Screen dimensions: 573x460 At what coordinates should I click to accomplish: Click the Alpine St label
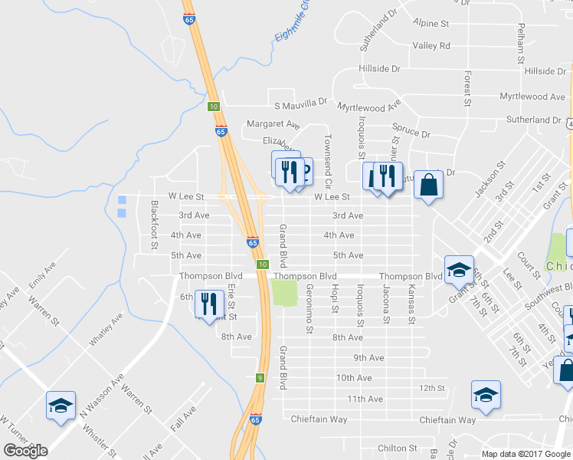point(430,24)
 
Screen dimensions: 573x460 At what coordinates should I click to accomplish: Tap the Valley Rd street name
point(431,46)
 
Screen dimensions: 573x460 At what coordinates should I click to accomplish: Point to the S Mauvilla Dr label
point(296,101)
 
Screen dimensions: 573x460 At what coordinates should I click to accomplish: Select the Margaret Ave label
point(273,124)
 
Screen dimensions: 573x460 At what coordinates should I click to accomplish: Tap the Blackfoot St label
point(155,225)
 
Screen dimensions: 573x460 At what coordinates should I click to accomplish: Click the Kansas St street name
point(411,304)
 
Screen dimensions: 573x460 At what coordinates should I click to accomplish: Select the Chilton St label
point(397,448)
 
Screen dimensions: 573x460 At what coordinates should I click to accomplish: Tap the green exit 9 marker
point(260,377)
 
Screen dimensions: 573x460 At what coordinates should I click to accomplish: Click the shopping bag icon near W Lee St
point(429,186)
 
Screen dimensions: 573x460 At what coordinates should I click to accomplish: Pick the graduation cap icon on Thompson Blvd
point(459,270)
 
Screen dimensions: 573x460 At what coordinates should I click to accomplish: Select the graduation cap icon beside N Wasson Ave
point(61,406)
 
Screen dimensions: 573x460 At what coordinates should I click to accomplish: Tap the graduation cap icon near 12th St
point(486,395)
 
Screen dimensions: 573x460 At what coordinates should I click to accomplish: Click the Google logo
point(25,450)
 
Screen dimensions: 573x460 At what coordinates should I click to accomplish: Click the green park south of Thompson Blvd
point(284,293)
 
